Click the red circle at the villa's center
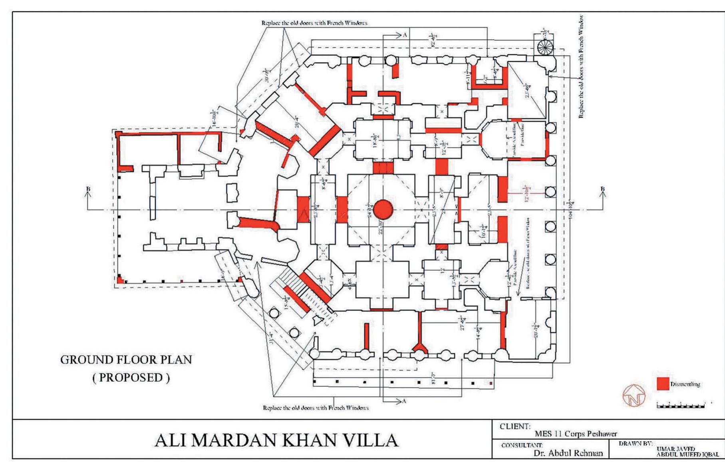pyautogui.click(x=383, y=209)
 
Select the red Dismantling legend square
pyautogui.click(x=663, y=384)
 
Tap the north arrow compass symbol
pyautogui.click(x=634, y=395)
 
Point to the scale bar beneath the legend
pyautogui.click(x=681, y=406)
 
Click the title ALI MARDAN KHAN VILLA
pyautogui.click(x=276, y=440)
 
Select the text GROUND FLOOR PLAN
pyautogui.click(x=126, y=360)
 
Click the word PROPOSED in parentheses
pyautogui.click(x=131, y=378)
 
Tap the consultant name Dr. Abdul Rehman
pyautogui.click(x=568, y=453)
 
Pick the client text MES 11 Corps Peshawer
pyautogui.click(x=576, y=434)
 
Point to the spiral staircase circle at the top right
pyautogui.click(x=545, y=47)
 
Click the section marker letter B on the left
pyautogui.click(x=88, y=189)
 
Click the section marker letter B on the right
pyautogui.click(x=602, y=189)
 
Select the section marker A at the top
pyautogui.click(x=405, y=35)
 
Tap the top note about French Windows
pyautogui.click(x=314, y=23)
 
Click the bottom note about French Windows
pyautogui.click(x=315, y=408)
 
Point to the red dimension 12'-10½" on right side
pyautogui.click(x=527, y=193)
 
